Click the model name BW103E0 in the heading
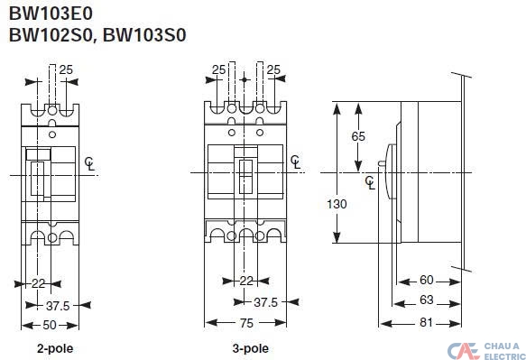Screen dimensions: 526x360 coord(51,14)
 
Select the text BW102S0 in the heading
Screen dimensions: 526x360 coord(51,35)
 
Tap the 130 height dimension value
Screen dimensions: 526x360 coord(337,204)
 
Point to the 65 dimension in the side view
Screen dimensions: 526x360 coord(358,136)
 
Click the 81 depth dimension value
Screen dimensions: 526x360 coord(426,322)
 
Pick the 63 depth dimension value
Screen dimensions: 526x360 coord(427,300)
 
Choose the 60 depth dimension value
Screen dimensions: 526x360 coord(427,280)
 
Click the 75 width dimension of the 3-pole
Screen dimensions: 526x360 coord(246,323)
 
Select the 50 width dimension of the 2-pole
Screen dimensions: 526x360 coord(50,325)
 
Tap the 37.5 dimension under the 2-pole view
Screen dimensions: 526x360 coord(58,306)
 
